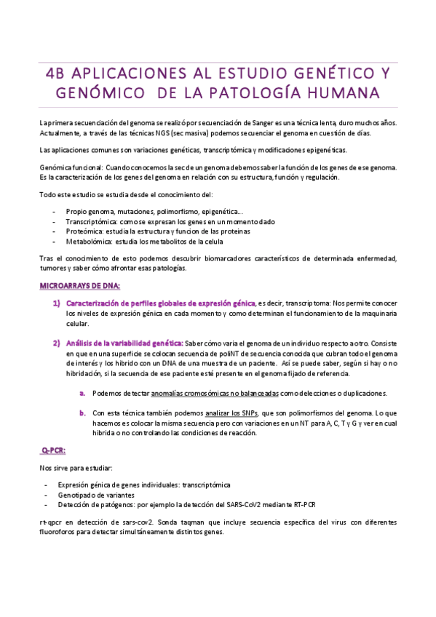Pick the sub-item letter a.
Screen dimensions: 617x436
tap(83, 393)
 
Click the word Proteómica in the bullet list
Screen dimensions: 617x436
tap(84, 231)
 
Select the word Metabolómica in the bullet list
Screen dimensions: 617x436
tap(89, 241)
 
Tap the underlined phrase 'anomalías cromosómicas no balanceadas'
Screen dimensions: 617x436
tap(215, 393)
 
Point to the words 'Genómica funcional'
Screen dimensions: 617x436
tap(69, 167)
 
